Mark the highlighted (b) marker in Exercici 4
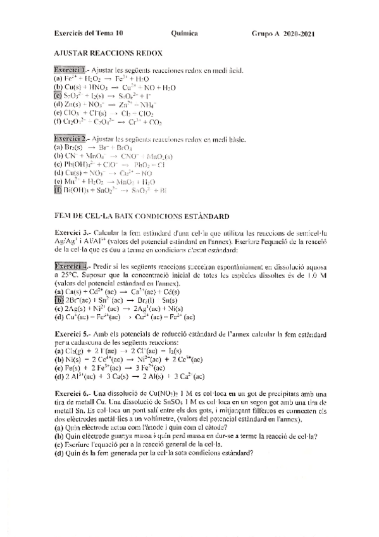[x=59, y=300]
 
